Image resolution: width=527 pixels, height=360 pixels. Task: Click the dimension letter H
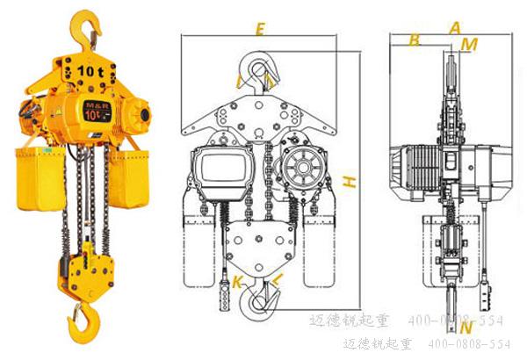coord(350,182)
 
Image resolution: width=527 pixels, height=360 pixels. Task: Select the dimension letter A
coord(454,27)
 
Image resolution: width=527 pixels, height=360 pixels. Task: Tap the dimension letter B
coord(415,40)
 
